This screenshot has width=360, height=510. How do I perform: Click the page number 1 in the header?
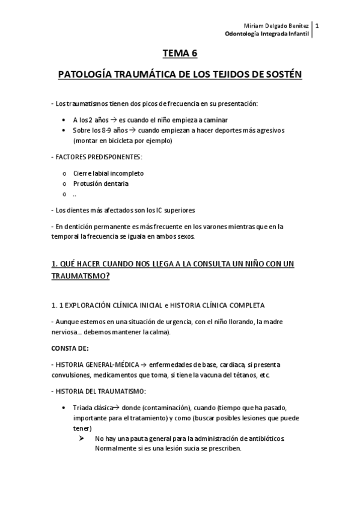pyautogui.click(x=317, y=26)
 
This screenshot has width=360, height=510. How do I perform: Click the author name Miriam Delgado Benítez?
pyautogui.click(x=277, y=26)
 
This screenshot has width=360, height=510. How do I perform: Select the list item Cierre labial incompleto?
pyautogui.click(x=108, y=173)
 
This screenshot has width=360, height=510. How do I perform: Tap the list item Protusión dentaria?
pyautogui.click(x=100, y=183)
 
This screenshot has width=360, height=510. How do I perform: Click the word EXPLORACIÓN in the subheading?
pyautogui.click(x=92, y=305)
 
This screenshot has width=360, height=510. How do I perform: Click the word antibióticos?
pyautogui.click(x=260, y=438)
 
